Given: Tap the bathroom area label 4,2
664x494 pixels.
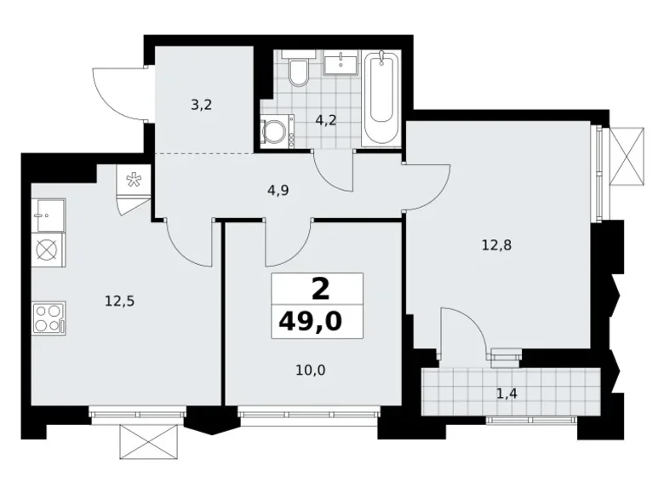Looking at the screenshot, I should (326, 120).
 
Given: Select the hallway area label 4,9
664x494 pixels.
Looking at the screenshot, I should (278, 190).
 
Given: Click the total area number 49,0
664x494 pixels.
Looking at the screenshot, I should (317, 322).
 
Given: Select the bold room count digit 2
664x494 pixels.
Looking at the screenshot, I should (320, 290).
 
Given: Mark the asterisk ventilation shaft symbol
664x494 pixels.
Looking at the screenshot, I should (133, 179).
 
